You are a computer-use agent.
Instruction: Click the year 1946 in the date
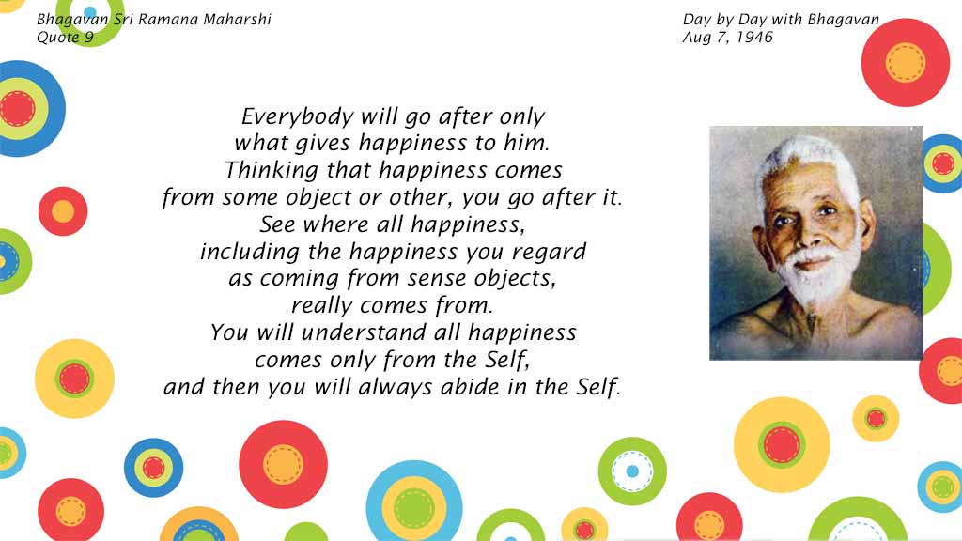(754, 38)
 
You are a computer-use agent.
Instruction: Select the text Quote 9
(65, 38)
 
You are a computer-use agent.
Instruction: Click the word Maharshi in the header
(237, 20)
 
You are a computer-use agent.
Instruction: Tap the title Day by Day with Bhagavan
(781, 20)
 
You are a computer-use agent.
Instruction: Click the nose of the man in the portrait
(805, 236)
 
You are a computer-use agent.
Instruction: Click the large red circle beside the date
(905, 63)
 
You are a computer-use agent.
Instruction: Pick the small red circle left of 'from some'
(63, 211)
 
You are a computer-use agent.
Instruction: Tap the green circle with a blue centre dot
(632, 471)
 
